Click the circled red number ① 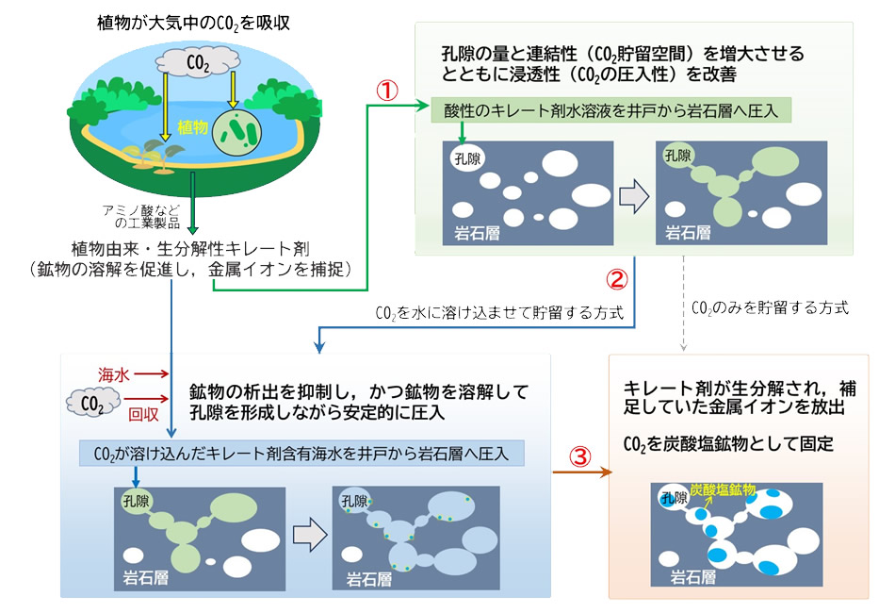click(387, 89)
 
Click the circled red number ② click(615, 278)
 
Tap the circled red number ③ click(581, 456)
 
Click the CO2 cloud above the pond click(199, 62)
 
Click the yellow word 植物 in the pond click(192, 124)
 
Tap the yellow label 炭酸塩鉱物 click(723, 490)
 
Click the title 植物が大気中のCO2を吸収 click(193, 21)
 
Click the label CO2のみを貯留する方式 click(770, 307)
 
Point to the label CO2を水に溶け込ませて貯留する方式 click(499, 313)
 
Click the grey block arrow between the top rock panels click(636, 195)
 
